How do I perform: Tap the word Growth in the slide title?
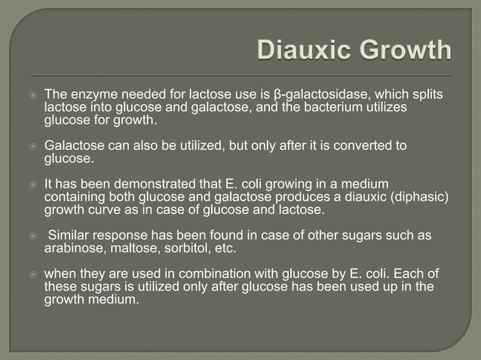[403, 51]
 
